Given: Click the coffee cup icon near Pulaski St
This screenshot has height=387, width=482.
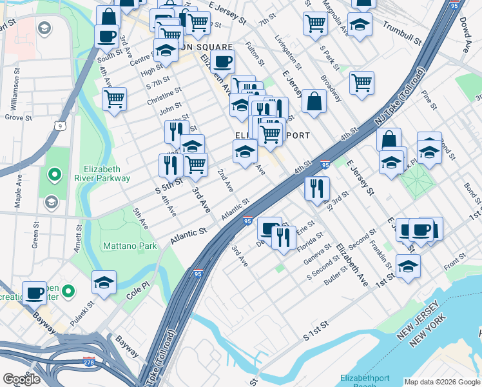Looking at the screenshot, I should (34, 292).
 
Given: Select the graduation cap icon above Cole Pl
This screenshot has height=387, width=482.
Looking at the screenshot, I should (103, 282).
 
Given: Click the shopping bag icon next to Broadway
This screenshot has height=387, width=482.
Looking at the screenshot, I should (314, 101).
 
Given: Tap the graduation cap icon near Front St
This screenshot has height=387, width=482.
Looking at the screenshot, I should (408, 266).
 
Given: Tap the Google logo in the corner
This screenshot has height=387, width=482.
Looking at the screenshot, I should (21, 379).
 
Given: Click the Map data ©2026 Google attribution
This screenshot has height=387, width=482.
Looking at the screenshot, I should (442, 382).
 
